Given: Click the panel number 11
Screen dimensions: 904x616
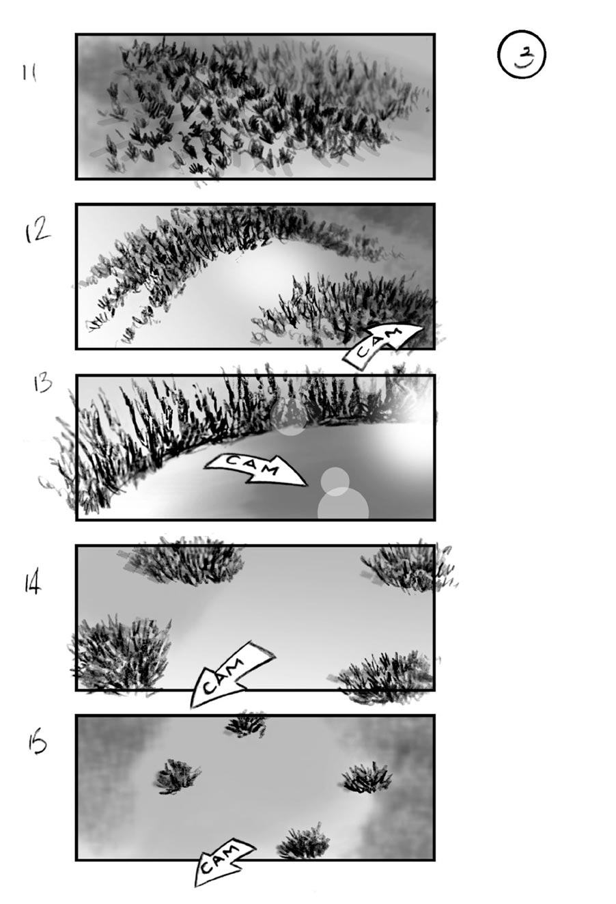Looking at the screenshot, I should pyautogui.click(x=29, y=72).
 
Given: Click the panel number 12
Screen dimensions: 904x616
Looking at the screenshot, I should pyautogui.click(x=37, y=232).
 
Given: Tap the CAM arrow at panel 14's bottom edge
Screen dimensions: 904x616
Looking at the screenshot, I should pyautogui.click(x=231, y=673).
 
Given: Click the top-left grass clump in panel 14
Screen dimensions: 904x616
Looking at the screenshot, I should pyautogui.click(x=184, y=560).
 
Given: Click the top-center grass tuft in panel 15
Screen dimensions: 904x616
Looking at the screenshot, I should pyautogui.click(x=246, y=724).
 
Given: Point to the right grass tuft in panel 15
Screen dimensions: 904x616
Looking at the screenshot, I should pyautogui.click(x=367, y=777).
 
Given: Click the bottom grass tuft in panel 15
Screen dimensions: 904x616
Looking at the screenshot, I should pyautogui.click(x=305, y=844).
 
